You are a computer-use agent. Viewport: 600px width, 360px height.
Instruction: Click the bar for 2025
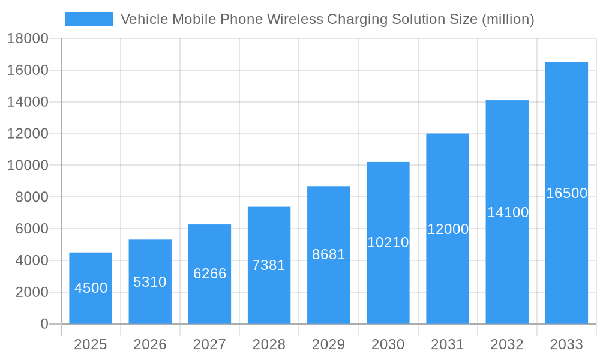[x=91, y=288]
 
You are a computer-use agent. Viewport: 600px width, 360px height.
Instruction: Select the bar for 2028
[x=269, y=265]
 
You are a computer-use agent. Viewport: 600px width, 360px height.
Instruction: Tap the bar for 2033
[x=566, y=193]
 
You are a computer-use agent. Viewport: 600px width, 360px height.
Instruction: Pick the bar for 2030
[x=388, y=242]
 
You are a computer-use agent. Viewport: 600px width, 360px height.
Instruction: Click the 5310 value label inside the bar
[x=150, y=282]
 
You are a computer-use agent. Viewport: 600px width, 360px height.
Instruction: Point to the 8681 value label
[x=329, y=254]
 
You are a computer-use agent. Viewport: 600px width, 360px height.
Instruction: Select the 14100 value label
[x=508, y=212]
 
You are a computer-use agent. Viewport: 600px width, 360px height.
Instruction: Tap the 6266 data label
[x=209, y=274]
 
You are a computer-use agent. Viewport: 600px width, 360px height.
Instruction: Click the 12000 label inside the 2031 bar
[x=448, y=229]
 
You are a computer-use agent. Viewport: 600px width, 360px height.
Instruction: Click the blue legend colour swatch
[x=89, y=19]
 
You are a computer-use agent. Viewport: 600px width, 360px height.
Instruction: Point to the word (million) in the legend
[x=508, y=19]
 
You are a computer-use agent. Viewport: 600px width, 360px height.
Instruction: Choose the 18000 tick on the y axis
[x=28, y=39]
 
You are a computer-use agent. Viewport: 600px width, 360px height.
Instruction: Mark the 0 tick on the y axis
[x=44, y=324]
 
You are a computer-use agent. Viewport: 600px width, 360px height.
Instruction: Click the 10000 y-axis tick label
[x=28, y=166]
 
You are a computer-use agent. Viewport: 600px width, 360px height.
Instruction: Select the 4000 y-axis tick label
[x=28, y=260]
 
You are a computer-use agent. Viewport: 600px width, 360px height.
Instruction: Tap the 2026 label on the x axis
[x=150, y=344]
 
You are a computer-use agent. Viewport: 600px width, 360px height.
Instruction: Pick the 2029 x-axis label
[x=329, y=344]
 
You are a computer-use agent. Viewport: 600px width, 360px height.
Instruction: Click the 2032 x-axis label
[x=507, y=344]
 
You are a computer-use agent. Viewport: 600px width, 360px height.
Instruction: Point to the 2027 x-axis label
[x=209, y=344]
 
